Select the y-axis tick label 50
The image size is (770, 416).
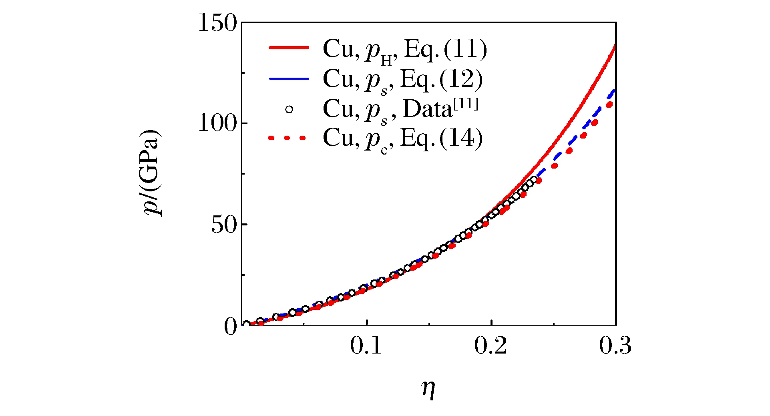coord(224,225)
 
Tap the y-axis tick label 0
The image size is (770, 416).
coord(231,327)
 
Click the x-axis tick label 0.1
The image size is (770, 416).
coord(366,346)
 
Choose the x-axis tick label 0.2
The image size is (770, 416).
coord(491,346)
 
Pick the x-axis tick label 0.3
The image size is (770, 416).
coord(615,346)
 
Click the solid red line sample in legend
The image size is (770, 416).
coord(289,48)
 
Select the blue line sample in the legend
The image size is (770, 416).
coord(289,78)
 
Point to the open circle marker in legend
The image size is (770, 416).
coord(289,109)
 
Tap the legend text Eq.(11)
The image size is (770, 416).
coord(446,49)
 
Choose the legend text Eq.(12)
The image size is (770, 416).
coord(441,79)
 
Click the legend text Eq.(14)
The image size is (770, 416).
coord(441,139)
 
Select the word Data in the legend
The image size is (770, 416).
coord(427,109)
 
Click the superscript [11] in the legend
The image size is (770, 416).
coord(466,104)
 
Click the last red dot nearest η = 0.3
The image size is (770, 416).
coord(609,105)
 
